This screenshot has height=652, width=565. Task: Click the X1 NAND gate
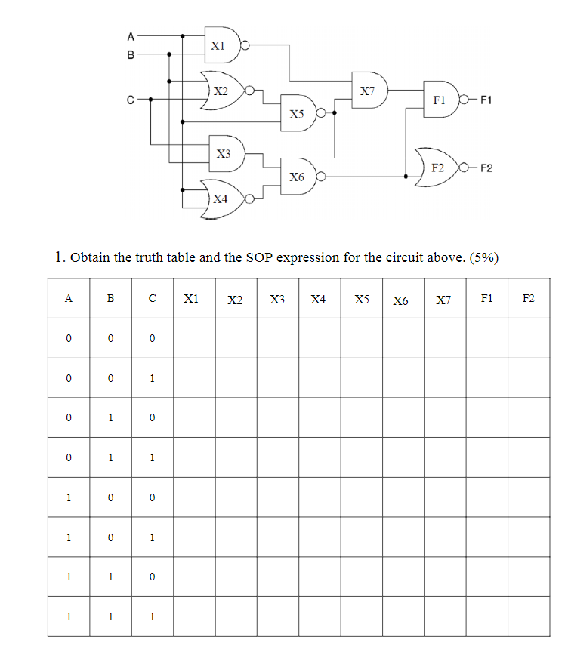222,45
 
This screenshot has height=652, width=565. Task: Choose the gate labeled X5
298,113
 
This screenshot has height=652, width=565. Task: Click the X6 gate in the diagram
298,177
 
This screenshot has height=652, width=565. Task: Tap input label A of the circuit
131,35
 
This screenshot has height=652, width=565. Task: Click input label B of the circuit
131,54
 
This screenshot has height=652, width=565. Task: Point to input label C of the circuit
131,99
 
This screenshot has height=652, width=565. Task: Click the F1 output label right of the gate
486,100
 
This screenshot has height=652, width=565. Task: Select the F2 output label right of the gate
486,168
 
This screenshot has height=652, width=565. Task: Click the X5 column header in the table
361,300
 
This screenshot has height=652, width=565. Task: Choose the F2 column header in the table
528,299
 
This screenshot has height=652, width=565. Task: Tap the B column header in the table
110,299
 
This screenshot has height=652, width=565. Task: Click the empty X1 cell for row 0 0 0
194,338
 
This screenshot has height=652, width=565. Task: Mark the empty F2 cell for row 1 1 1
528,616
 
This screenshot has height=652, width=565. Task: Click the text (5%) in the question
484,257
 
